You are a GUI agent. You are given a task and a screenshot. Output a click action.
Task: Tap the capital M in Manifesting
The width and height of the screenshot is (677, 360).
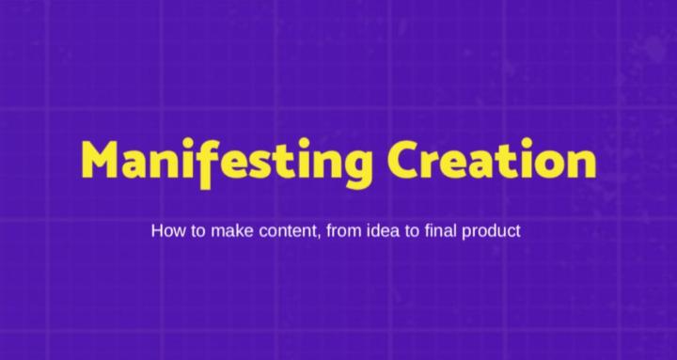tap(101, 159)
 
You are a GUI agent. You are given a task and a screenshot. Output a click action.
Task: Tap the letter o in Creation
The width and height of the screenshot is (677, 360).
tap(553, 161)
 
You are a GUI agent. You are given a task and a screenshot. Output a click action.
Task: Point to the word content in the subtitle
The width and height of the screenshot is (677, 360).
tap(289, 229)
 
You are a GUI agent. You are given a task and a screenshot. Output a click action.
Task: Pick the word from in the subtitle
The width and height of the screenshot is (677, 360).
tap(343, 229)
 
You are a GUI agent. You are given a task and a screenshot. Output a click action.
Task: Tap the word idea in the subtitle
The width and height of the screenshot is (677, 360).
tap(382, 229)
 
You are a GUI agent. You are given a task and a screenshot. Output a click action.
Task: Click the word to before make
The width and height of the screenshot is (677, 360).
tap(196, 229)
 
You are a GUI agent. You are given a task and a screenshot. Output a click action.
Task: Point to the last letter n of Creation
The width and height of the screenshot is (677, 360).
tap(582, 161)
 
